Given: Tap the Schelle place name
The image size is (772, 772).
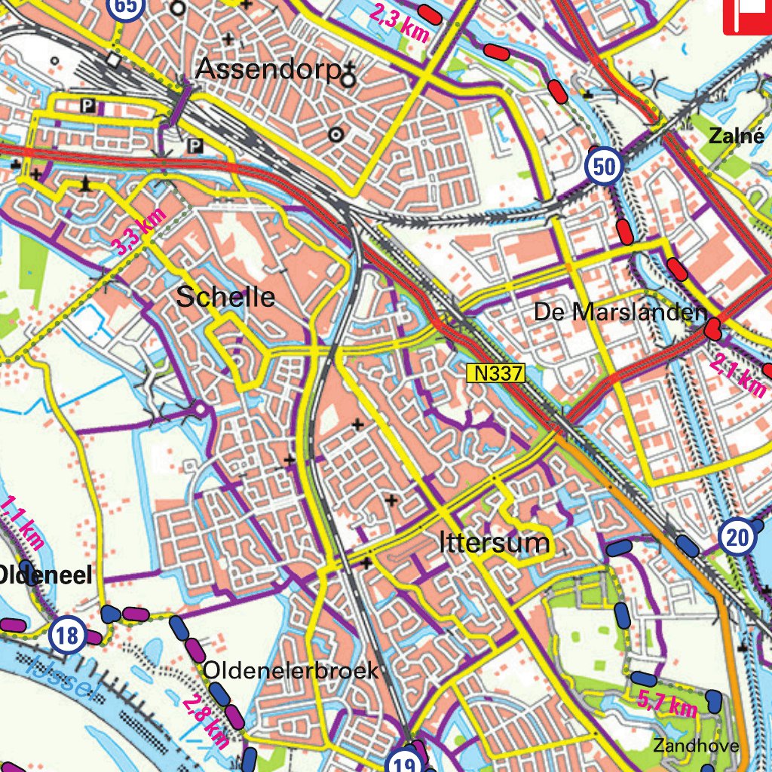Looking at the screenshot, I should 225,297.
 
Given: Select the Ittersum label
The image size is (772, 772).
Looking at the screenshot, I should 495,543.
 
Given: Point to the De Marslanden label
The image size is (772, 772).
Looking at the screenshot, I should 620,311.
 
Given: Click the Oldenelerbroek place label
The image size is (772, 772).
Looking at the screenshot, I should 291,670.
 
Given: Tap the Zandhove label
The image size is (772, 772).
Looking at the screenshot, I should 696,746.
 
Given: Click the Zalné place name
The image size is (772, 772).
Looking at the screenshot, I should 731,136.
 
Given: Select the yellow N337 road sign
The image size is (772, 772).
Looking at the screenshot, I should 495,372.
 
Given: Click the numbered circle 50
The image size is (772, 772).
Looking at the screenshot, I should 604,166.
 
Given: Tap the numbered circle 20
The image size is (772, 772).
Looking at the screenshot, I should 737,538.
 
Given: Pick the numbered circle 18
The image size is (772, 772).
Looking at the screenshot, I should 67,636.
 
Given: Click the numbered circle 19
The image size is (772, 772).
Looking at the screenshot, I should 404,764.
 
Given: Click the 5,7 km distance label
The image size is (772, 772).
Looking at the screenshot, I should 666,704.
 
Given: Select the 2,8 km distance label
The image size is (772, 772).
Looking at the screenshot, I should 205,721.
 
